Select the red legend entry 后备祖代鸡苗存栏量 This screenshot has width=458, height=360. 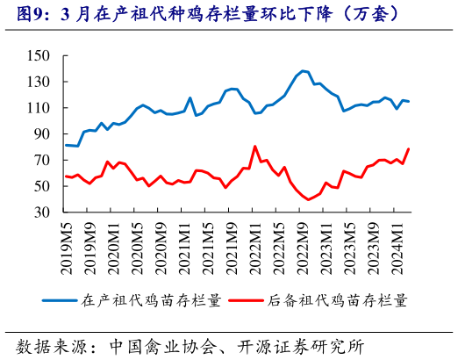coord(337,299)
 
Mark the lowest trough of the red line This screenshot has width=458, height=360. coord(308,199)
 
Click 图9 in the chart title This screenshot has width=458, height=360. coord(25,13)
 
